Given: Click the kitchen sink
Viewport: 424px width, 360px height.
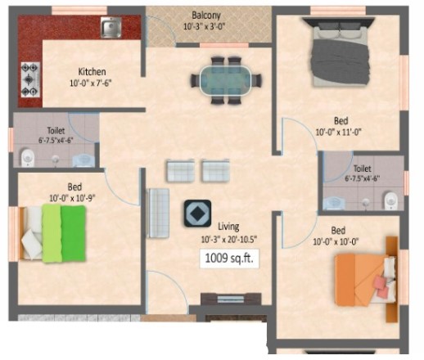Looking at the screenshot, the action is pos(111,27).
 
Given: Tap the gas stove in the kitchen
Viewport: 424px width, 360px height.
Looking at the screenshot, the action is pos(30,79).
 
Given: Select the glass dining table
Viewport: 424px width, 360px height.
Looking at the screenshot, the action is pos(226,80).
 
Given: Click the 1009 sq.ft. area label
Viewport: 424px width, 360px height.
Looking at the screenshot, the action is pos(229,259).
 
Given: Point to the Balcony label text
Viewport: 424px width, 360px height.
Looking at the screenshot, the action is pos(206,15).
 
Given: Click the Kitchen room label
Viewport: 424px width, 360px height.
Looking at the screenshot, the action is pos(92,72).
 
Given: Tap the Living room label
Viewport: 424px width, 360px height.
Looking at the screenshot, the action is pos(228,227).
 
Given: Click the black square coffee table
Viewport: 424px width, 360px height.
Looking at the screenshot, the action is pos(197,214).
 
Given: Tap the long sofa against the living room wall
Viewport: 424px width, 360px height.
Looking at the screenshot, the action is pos(158,213).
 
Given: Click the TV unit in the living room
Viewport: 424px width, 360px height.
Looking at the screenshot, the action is pos(231,299).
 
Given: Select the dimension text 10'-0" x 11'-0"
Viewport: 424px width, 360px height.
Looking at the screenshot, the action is pos(338,133).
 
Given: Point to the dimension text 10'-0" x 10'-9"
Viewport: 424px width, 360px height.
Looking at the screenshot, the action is pos(72,198).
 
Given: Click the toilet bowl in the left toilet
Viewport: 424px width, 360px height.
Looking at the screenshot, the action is pos(28,157).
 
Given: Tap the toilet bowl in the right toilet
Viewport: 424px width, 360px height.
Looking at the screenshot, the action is pos(390,201).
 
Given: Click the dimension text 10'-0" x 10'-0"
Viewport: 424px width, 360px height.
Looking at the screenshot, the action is pos(336,241).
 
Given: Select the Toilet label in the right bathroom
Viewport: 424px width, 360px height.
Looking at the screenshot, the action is pos(363,169).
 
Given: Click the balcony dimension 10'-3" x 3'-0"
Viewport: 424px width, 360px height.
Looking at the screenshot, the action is pos(205,27).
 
